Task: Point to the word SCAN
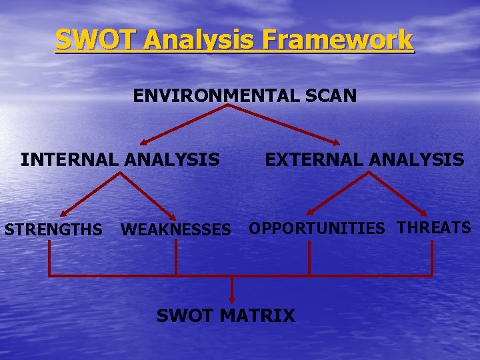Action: (x=331, y=96)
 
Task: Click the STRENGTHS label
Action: (x=53, y=230)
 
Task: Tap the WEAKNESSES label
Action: (x=175, y=230)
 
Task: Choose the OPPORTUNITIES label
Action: (x=317, y=229)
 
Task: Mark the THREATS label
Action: (x=434, y=228)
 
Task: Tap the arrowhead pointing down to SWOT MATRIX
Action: (x=232, y=298)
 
